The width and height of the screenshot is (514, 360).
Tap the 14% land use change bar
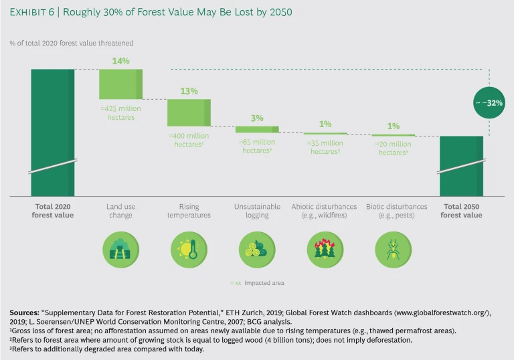pyautogui.click(x=120, y=84)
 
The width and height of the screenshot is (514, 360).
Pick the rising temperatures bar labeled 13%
pyautogui.click(x=189, y=112)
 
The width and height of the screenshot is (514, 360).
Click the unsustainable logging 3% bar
pyautogui.click(x=257, y=129)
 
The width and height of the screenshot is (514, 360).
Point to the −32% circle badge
pyautogui.click(x=489, y=104)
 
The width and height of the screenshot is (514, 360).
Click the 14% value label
pyautogui.click(x=121, y=61)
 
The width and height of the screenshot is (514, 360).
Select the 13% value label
pyautogui.click(x=189, y=91)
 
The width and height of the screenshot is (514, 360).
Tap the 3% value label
pyautogui.click(x=257, y=118)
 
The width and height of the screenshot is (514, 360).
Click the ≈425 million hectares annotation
pyautogui.click(x=121, y=113)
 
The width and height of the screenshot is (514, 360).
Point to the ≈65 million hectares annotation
pyautogui.click(x=257, y=146)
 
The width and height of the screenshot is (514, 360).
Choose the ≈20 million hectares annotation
pyautogui.click(x=393, y=147)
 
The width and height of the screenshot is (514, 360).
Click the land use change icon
pyautogui.click(x=121, y=248)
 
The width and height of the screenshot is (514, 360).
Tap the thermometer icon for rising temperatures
pyautogui.click(x=189, y=248)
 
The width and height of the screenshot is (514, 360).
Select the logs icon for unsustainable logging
pyautogui.click(x=257, y=248)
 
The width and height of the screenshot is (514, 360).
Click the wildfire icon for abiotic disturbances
pyautogui.click(x=325, y=248)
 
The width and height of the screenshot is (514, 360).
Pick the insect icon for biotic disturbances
pyautogui.click(x=393, y=248)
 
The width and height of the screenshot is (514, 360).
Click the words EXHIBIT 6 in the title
pyautogui.click(x=35, y=12)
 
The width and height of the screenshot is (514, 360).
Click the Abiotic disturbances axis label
pyautogui.click(x=325, y=206)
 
